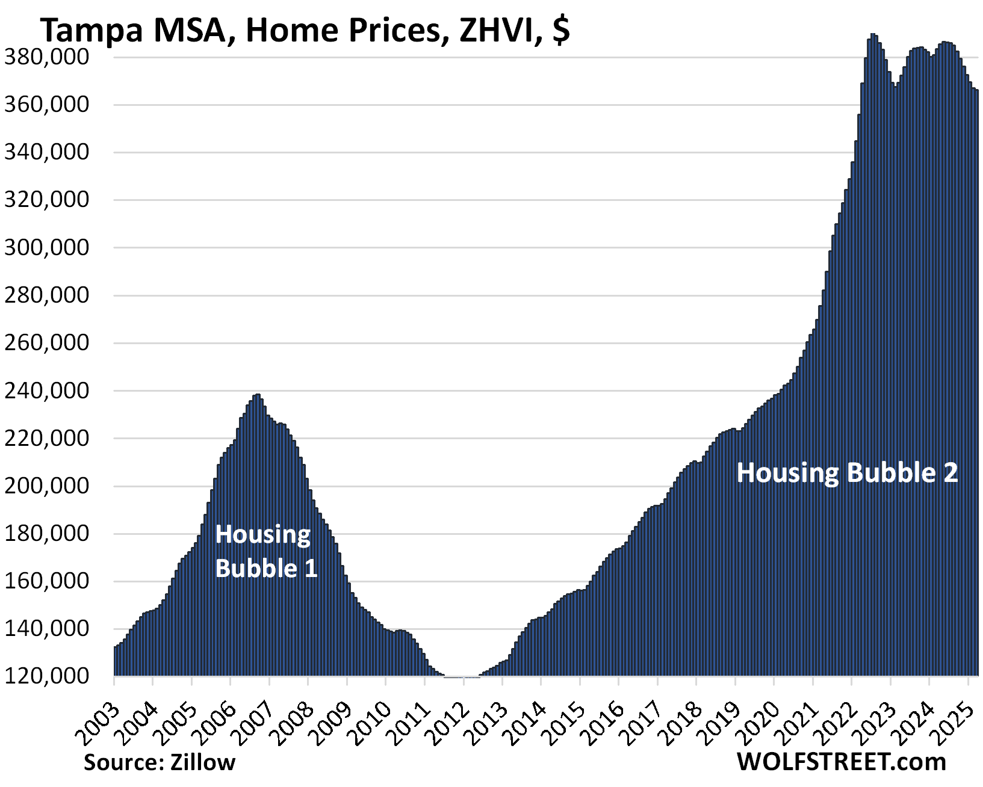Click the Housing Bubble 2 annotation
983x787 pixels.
(847, 473)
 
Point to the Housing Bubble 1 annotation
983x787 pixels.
(265, 551)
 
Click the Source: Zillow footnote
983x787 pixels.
(160, 762)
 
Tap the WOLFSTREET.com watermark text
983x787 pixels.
(841, 762)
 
